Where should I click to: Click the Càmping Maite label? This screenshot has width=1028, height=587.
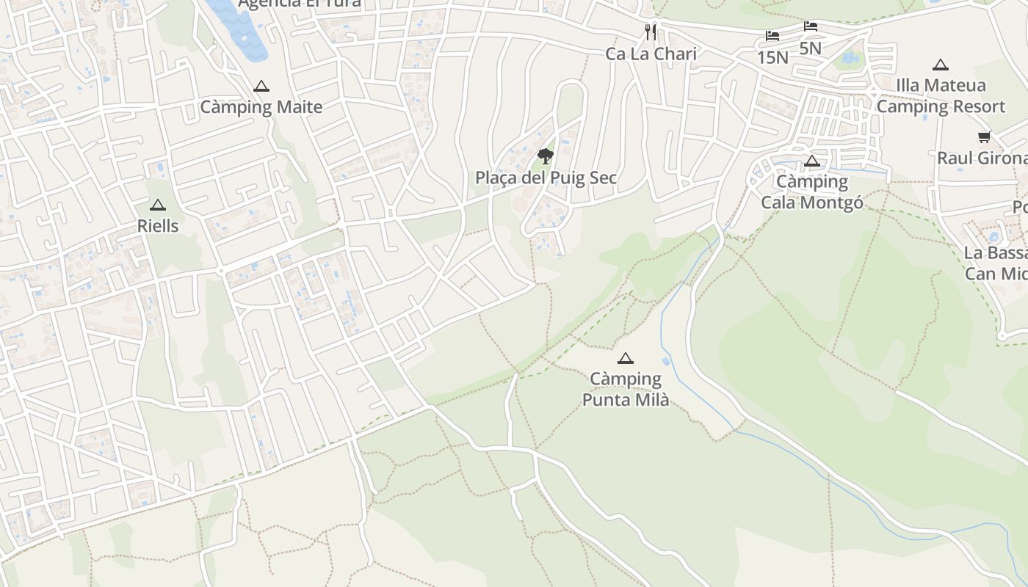261,107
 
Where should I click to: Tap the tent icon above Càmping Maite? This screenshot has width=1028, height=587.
261,87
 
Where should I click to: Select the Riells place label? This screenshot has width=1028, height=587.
158,226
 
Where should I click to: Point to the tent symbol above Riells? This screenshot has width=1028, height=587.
158,205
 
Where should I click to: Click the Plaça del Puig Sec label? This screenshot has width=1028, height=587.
546,178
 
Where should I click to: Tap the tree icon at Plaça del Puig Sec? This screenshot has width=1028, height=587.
545,156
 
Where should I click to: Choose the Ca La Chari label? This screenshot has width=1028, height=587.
651,54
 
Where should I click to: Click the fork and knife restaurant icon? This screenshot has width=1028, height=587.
651,32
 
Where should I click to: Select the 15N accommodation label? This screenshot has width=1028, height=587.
772,57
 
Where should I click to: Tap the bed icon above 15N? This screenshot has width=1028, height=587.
772,35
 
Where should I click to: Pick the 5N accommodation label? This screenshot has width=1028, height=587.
810,48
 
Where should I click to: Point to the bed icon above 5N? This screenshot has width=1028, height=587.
811,26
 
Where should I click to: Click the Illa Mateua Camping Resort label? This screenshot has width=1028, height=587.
941,95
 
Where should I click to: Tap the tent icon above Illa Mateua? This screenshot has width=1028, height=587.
941,65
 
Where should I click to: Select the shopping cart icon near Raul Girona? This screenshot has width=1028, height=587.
984,136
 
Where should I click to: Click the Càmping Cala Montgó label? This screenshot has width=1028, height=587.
812,192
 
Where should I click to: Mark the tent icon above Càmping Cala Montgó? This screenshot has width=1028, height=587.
812,161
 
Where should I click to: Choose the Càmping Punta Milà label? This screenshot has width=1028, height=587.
626,389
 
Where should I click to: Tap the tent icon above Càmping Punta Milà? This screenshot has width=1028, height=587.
626,359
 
